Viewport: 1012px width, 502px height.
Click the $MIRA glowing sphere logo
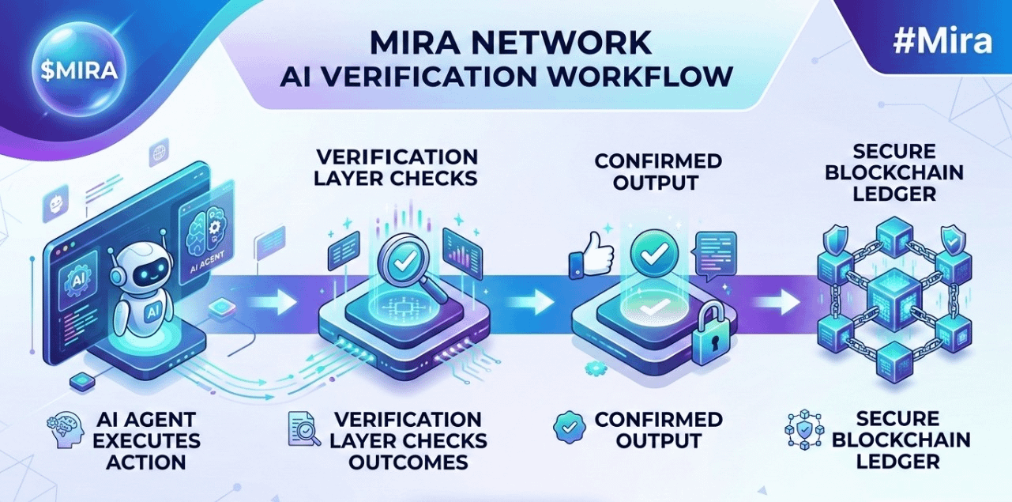coord(79,69)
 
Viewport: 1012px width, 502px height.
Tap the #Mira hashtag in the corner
coord(942,41)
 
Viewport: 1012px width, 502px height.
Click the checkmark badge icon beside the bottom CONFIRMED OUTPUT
coord(570,425)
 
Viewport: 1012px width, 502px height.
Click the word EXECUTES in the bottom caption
coord(148,440)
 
